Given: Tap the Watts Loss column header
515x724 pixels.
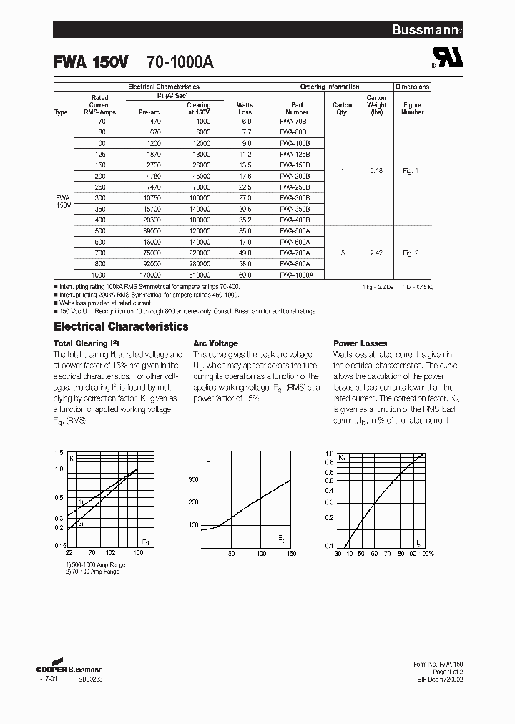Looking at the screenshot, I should pos(245,109).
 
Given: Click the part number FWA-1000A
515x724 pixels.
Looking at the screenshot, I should pos(297,274).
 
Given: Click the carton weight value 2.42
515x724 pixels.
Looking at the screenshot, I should pos(376,253).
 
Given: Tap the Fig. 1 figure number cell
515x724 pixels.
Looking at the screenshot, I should pos(412,171).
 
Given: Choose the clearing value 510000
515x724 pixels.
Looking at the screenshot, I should pos(200,274).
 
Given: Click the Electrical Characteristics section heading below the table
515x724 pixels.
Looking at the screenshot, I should pos(121,326).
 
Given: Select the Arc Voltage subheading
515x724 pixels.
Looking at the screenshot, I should pos(215,343).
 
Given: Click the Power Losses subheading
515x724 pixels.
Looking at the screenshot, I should pos(360,343).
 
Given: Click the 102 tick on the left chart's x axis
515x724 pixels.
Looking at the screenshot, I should pos(110,553).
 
